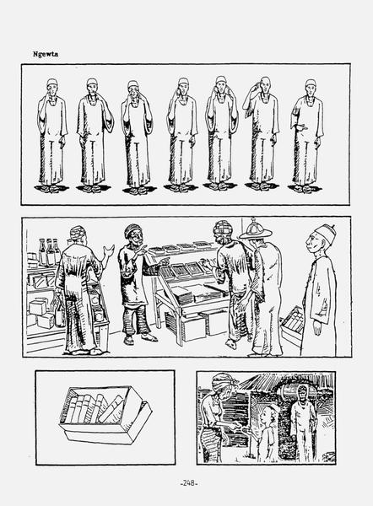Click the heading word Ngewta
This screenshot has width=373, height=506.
[46, 54]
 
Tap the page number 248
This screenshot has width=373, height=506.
[188, 483]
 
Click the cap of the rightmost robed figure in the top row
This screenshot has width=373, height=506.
[311, 83]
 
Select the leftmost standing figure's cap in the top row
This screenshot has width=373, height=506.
[51, 83]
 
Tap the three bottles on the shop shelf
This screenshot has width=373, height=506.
[50, 251]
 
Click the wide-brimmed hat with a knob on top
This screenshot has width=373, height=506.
[256, 229]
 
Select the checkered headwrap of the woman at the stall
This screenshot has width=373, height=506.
[223, 228]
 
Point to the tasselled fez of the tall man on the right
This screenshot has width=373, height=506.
[325, 231]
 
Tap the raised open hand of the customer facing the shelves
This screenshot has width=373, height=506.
[108, 250]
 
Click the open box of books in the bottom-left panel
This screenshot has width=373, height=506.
[105, 414]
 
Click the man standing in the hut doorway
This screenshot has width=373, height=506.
[303, 423]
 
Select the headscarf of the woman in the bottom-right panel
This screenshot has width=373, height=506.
[224, 382]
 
